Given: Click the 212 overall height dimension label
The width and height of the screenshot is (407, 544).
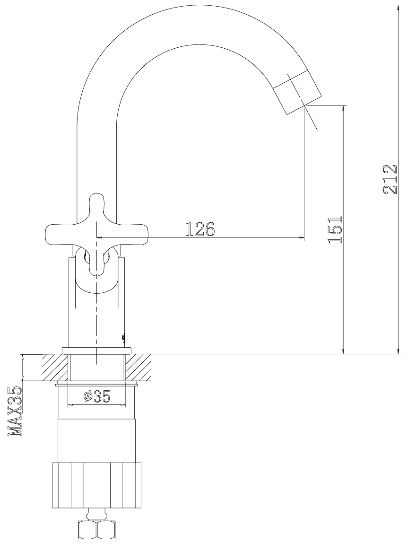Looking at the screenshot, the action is [390, 179].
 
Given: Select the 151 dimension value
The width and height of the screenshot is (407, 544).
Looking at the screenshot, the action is [335, 229].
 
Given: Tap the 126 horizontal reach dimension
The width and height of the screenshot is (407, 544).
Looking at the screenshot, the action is [200, 229].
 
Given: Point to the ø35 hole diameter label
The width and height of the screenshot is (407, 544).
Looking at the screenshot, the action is [97, 396].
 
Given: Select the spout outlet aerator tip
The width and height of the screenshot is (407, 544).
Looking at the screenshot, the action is [297, 92].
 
